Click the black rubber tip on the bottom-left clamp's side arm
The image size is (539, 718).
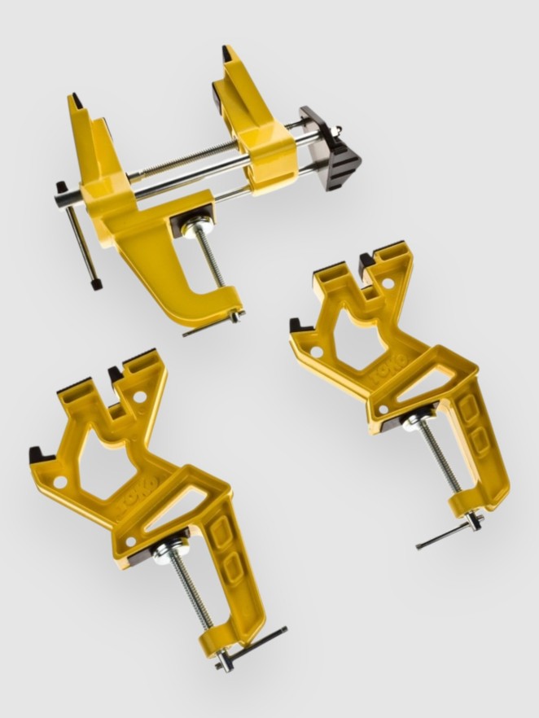(37, 454)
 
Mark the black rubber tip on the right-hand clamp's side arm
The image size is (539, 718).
(298, 326)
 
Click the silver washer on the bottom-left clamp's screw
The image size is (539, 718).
(161, 550)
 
